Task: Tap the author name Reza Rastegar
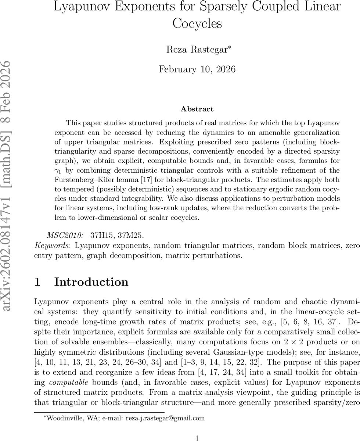pyautogui.click(x=197, y=50)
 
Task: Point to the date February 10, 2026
pyautogui.click(x=197, y=69)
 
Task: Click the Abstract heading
pyautogui.click(x=197, y=109)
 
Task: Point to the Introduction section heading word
pyautogui.click(x=91, y=282)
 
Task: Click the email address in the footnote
pyautogui.click(x=165, y=418)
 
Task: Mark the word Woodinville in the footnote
pyautogui.click(x=58, y=418)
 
